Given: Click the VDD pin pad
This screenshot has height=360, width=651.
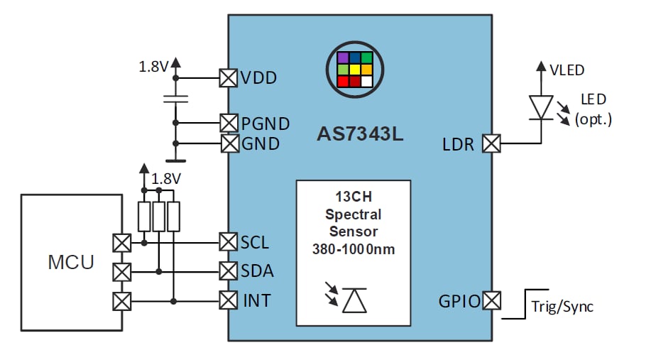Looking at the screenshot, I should coord(228,77).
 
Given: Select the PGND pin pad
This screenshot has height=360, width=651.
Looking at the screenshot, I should coord(228,123).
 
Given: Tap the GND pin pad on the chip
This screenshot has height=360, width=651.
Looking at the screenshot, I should coord(228,143).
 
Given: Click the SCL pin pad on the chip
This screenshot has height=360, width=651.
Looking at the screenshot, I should coord(228,242).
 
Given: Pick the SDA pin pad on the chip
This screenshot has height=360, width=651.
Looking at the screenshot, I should coord(228,271).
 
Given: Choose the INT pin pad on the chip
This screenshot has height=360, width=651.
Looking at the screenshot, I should coord(228,301).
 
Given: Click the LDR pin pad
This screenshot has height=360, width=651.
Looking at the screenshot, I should coord(491,143).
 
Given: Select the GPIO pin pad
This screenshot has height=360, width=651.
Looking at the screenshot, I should coord(491,301).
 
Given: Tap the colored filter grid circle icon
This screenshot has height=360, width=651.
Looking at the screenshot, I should coord(354,69).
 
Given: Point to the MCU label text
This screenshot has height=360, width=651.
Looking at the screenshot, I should coord(70,262).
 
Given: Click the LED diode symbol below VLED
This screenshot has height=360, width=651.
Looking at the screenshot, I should coord(541,107).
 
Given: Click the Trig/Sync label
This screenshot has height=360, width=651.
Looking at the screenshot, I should coord(562,307).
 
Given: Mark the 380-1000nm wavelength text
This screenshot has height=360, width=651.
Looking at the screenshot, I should coord(353,249).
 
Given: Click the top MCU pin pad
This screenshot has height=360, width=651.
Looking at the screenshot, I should coord(122,243).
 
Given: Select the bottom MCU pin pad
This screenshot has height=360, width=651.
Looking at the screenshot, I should coord(122,302).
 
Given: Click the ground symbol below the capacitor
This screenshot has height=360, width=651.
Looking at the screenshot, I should coord(176,161).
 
